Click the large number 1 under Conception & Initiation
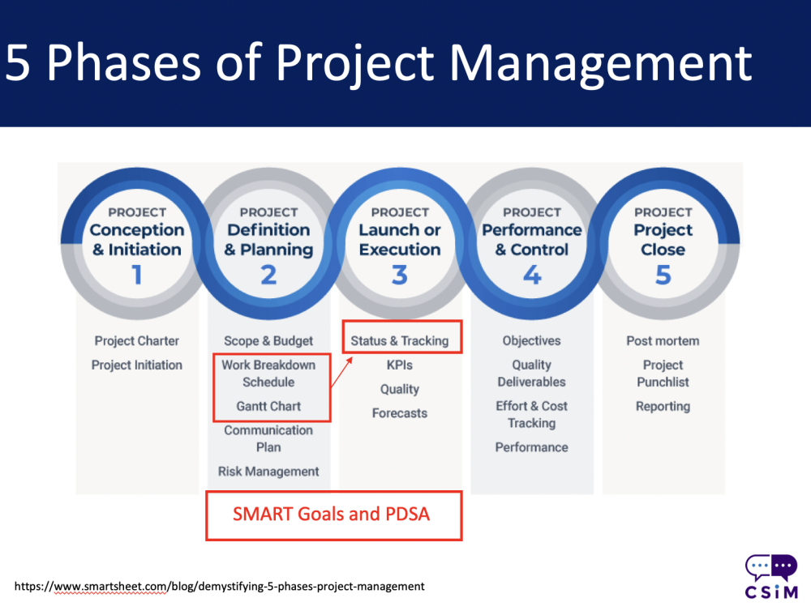137,275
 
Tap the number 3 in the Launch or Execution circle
400,275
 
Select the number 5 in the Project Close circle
663,275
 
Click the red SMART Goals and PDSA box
334,516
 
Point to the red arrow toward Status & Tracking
341,372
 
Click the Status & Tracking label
400,340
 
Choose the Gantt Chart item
268,406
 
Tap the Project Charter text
136,340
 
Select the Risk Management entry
268,472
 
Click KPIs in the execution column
400,365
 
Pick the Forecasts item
400,413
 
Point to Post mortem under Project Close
663,340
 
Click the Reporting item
663,406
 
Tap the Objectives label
532,340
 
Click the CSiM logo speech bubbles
771,568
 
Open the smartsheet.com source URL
219,586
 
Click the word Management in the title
600,63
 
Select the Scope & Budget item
268,340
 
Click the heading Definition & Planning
268,239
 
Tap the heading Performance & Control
532,239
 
